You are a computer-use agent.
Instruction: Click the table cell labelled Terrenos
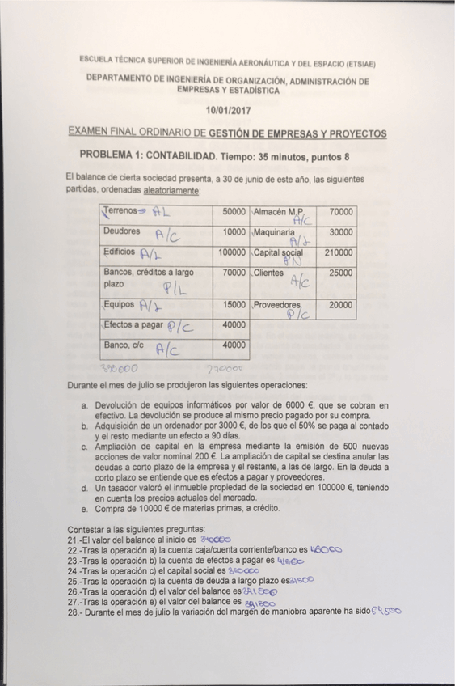click(119, 211)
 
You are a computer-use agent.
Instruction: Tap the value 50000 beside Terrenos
click(233, 211)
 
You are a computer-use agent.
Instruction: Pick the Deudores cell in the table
click(122, 231)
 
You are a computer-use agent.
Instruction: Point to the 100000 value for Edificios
click(232, 252)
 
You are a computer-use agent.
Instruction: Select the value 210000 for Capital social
click(337, 252)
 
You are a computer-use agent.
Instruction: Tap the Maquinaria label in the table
click(275, 232)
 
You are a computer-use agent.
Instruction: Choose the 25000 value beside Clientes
click(340, 273)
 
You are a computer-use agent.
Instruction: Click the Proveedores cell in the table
click(277, 305)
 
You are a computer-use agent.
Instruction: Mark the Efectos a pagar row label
click(133, 325)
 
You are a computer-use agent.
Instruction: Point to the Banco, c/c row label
click(124, 345)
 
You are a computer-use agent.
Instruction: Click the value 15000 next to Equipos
click(234, 305)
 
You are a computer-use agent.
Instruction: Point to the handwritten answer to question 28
click(385, 612)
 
